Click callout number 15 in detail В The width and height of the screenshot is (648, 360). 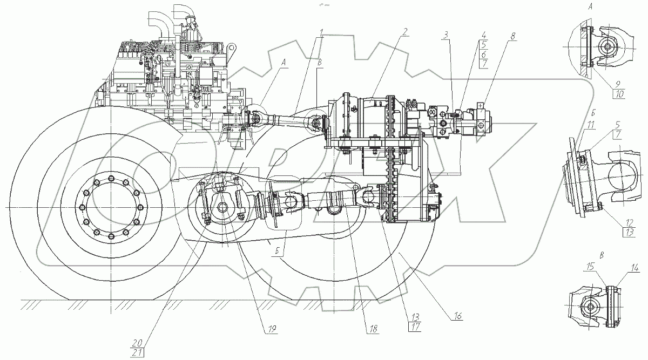click(x=590, y=267)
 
